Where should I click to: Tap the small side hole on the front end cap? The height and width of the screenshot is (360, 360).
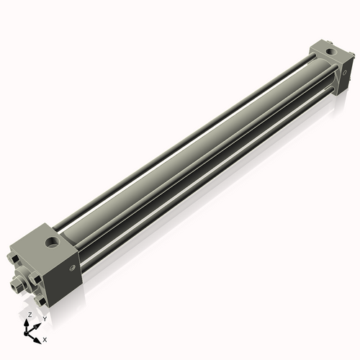click(x=72, y=268)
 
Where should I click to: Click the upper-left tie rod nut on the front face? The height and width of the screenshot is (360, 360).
click(x=14, y=258)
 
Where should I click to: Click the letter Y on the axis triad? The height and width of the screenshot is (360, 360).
click(x=45, y=318)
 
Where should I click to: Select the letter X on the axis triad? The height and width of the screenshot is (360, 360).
click(x=45, y=338)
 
